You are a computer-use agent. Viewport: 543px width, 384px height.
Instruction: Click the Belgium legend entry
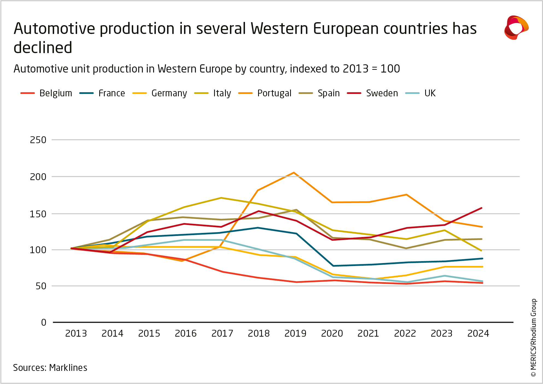tap(46, 93)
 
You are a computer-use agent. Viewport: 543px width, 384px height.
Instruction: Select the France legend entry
tap(102, 93)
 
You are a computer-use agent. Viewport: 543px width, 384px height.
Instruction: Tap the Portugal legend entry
tap(265, 93)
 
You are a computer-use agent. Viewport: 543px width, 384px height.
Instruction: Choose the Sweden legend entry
tap(373, 93)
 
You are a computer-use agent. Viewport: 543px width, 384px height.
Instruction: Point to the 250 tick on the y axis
tap(38, 140)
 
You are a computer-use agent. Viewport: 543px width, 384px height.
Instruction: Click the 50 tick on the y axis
tap(41, 286)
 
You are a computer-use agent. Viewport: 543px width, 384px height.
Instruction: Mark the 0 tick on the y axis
tap(44, 322)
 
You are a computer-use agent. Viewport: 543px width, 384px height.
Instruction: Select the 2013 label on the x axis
tap(76, 333)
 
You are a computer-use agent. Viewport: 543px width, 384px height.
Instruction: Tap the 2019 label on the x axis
tap(295, 333)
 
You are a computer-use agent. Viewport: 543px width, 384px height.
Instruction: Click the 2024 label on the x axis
tap(478, 333)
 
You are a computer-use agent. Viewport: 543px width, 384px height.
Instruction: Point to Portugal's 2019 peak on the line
tap(294, 172)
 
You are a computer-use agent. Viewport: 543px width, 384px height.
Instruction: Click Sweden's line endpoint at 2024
tap(481, 208)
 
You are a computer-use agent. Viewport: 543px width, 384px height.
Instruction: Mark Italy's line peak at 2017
tap(221, 198)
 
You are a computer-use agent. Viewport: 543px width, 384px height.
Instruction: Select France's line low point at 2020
tap(333, 266)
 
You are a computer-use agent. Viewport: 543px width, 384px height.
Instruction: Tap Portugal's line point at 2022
tap(407, 195)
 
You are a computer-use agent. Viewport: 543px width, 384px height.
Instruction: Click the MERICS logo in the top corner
tap(516, 27)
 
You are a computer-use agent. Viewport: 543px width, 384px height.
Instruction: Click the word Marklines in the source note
tap(68, 368)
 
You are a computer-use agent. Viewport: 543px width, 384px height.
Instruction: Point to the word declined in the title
tap(43, 48)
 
